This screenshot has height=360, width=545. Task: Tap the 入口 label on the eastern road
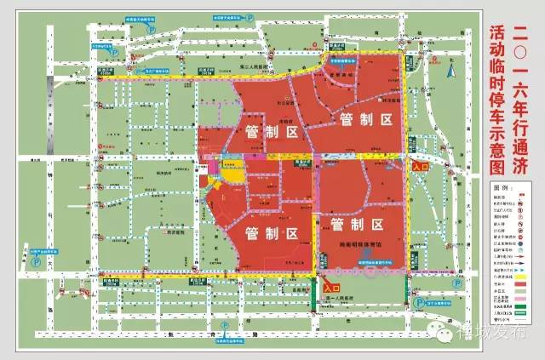(420, 169)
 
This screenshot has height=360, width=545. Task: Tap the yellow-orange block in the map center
(232, 176)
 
